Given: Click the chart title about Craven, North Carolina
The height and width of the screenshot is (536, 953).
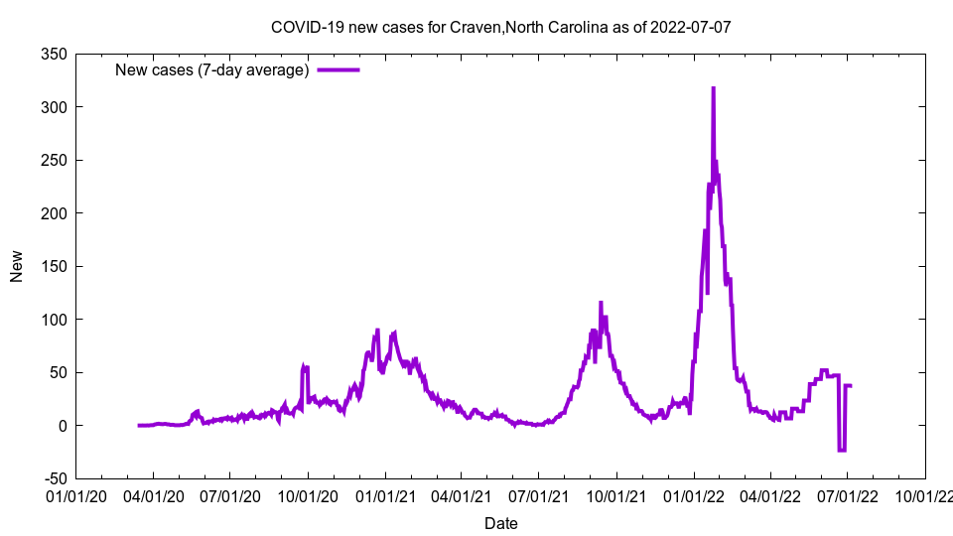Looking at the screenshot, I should click(500, 27).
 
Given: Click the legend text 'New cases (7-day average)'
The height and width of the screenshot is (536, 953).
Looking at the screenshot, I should click(212, 69).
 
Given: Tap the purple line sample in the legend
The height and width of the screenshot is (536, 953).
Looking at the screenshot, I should click(338, 69).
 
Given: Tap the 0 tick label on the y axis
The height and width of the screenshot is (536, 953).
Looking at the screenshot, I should click(62, 426).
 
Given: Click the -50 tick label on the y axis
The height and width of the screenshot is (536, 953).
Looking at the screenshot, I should click(54, 478).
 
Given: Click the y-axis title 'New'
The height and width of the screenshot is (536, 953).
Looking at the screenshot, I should click(17, 266).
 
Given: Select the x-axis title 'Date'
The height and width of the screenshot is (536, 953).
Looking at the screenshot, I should click(500, 523).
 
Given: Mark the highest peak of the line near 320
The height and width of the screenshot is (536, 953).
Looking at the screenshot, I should click(713, 88).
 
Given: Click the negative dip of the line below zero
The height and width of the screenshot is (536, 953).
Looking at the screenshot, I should click(842, 451).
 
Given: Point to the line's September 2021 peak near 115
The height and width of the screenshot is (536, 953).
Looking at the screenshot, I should click(601, 303).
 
